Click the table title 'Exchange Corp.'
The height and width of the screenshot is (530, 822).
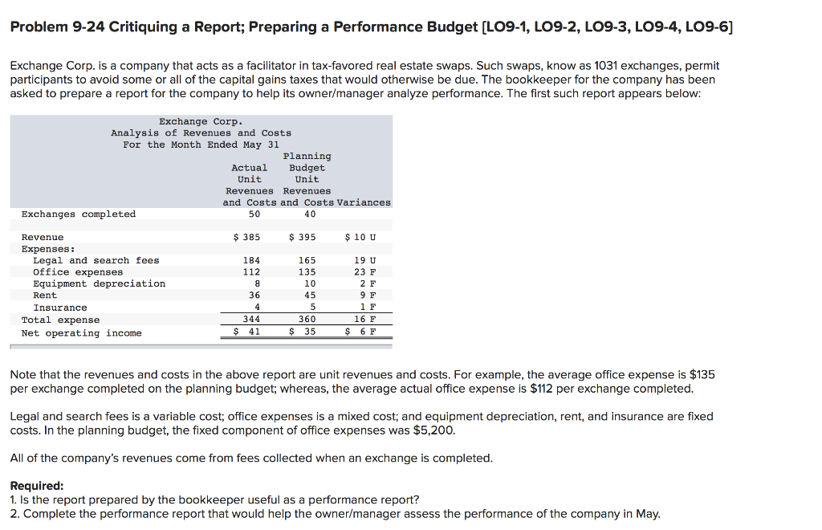pos(201,121)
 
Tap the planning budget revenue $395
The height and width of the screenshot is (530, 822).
pos(302,237)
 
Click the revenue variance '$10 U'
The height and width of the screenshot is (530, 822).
pos(360,237)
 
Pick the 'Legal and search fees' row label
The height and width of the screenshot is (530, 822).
pos(96,260)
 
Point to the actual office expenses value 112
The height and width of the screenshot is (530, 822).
pos(251,272)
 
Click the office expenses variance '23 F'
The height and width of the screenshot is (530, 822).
pos(364,272)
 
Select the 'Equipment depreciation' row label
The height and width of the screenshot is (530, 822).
pos(99,283)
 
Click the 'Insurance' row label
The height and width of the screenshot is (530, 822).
pos(60,308)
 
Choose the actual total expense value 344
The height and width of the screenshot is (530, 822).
pos(251,320)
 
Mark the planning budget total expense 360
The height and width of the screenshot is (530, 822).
pos(307,320)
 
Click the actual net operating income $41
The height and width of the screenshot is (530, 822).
pos(247,332)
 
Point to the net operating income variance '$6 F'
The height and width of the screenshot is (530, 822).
pos(360,332)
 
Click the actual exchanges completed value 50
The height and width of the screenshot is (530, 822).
pos(254,214)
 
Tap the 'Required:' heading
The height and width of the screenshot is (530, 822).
pos(36,486)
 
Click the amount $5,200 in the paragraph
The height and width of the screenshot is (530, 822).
pos(434,430)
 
